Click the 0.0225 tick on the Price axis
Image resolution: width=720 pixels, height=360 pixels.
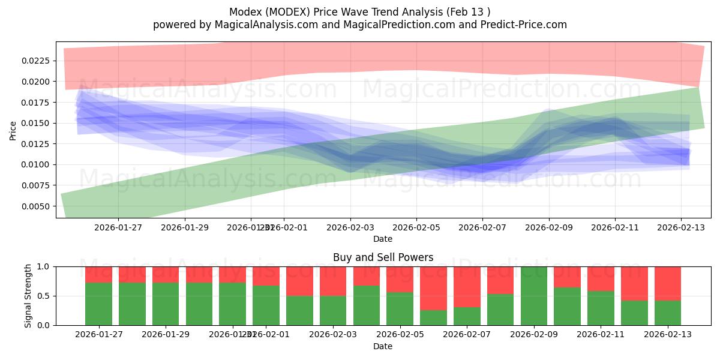pyautogui.click(x=37, y=61)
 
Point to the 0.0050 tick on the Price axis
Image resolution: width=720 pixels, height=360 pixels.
pyautogui.click(x=37, y=206)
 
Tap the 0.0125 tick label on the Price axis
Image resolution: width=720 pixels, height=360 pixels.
pyautogui.click(x=37, y=144)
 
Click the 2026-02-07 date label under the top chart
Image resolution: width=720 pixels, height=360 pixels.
pyautogui.click(x=482, y=227)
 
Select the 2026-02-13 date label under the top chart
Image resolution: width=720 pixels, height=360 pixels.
pyautogui.click(x=680, y=227)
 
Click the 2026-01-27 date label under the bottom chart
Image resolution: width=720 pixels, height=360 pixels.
pyautogui.click(x=98, y=335)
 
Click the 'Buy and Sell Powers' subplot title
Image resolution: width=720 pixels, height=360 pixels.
pyautogui.click(x=383, y=257)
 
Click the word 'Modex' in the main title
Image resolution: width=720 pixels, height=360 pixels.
pyautogui.click(x=244, y=12)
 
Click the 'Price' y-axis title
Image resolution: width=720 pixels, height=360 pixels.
pyautogui.click(x=13, y=130)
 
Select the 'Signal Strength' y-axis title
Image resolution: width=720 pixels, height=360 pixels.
pyautogui.click(x=28, y=296)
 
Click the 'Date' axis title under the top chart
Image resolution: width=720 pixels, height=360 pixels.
pyautogui.click(x=383, y=239)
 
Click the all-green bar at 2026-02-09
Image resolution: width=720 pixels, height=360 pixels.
pyautogui.click(x=534, y=296)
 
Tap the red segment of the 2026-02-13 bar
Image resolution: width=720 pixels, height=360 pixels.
pyautogui.click(x=667, y=282)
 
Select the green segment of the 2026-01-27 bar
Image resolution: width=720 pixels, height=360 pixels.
pyautogui.click(x=98, y=304)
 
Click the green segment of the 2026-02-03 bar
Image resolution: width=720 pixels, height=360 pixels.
pyautogui.click(x=333, y=310)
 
